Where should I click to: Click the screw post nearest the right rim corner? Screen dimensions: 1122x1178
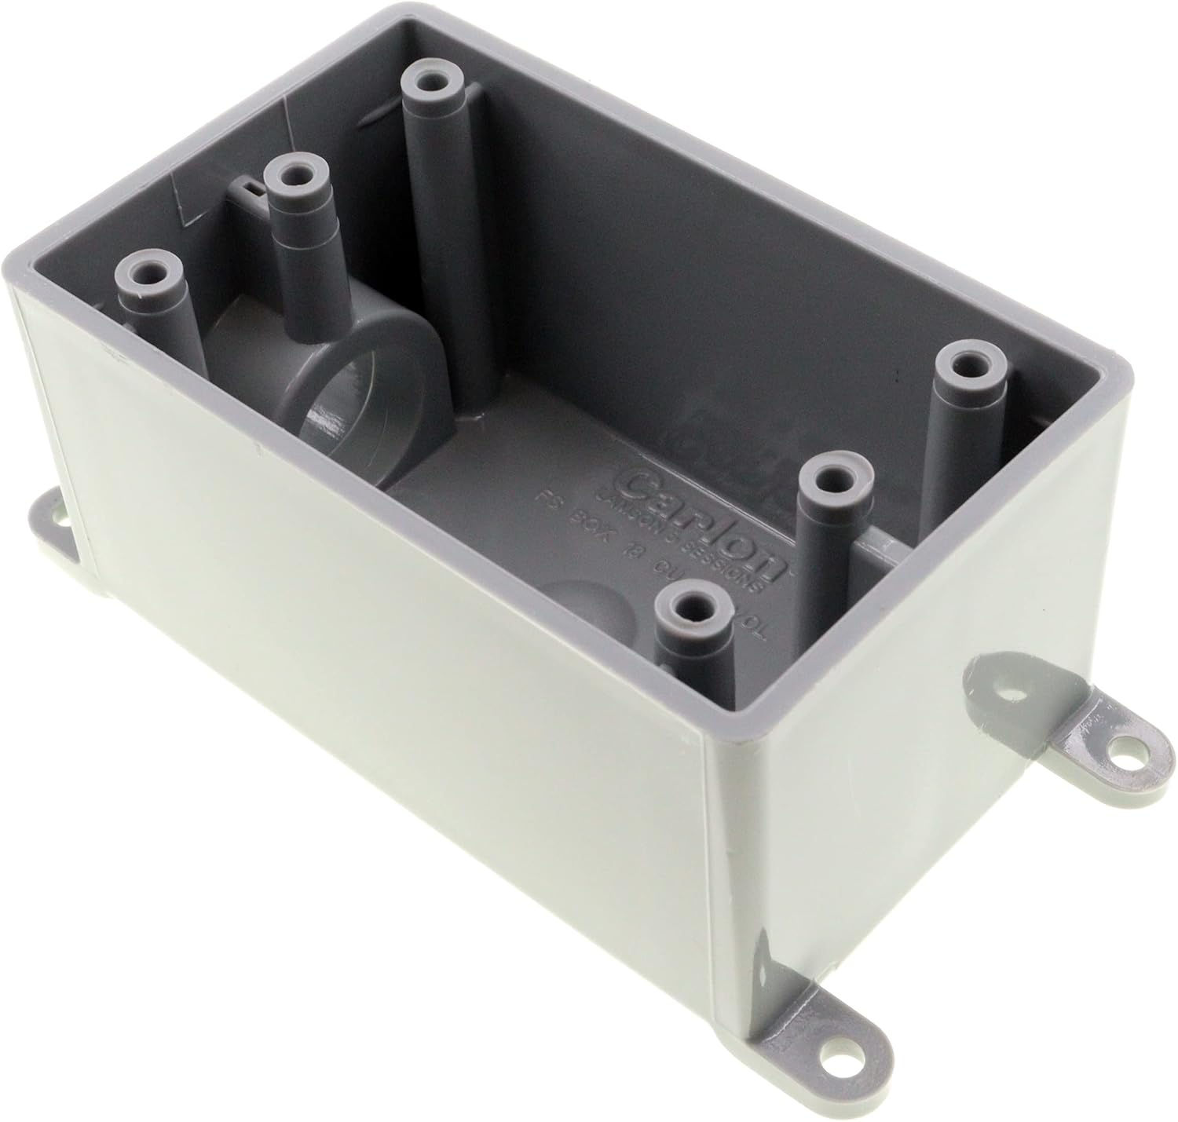pyautogui.click(x=968, y=364)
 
